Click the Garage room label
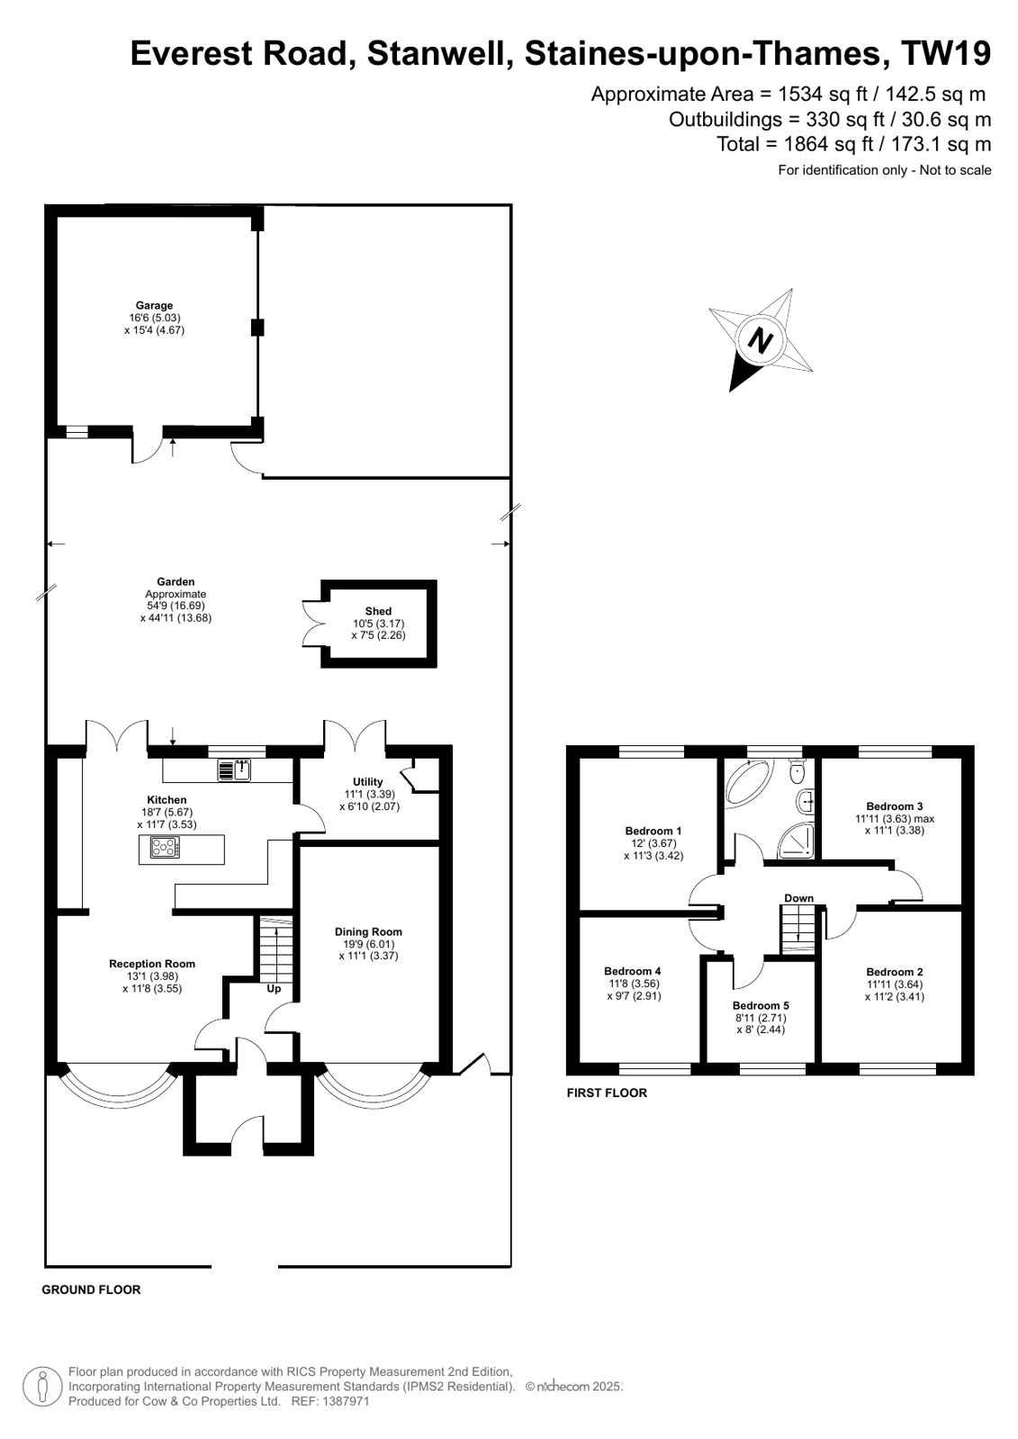pos(154,306)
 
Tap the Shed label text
pos(378,611)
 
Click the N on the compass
pos(761,341)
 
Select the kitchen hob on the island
pos(165,847)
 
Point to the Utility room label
pos(368,782)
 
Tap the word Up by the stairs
pos(274,988)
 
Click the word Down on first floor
pos(798,898)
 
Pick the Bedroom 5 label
pos(761,1005)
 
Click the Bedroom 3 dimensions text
pos(895,824)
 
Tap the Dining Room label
pos(368,932)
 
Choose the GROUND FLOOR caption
pos(91,1290)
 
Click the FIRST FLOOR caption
pos(607,1093)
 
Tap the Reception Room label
pos(152,964)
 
